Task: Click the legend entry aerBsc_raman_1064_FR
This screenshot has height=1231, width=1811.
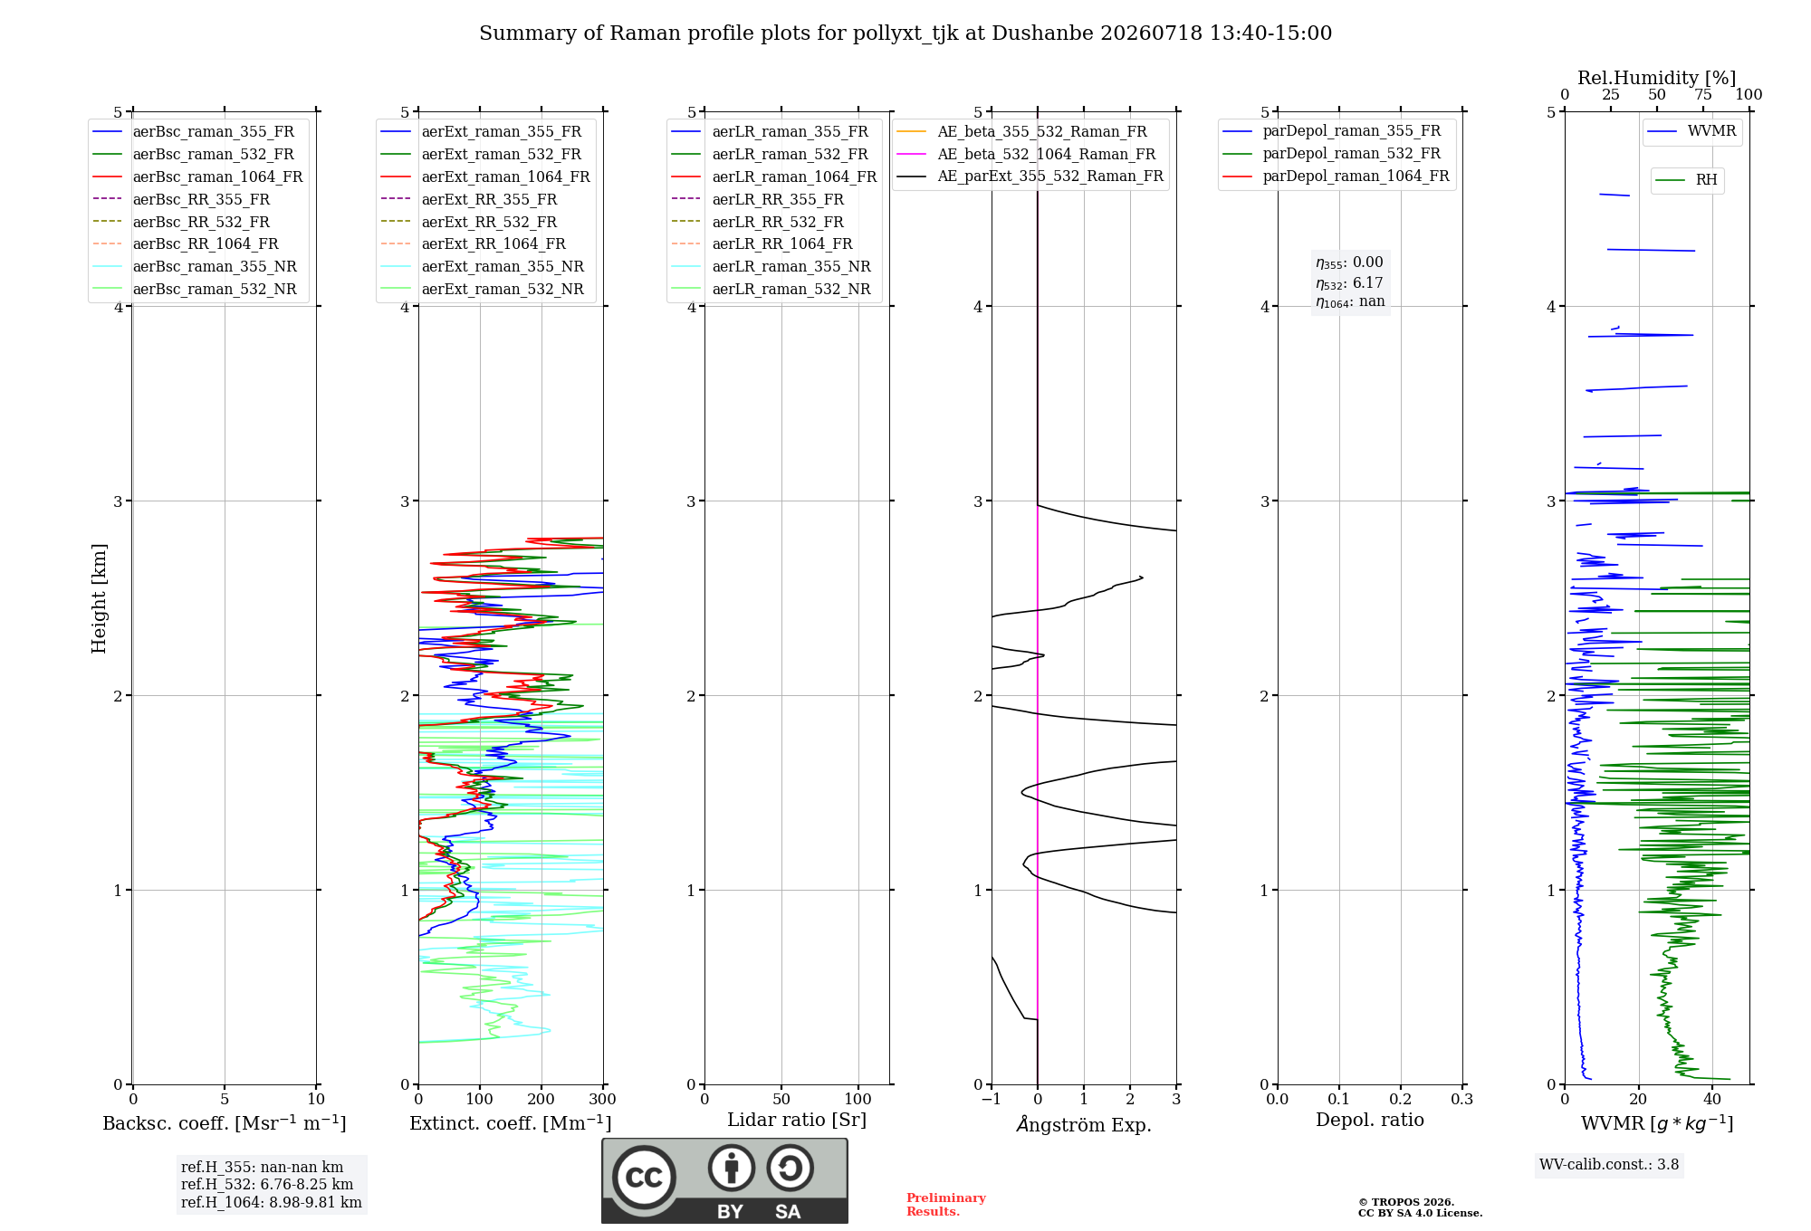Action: tap(197, 177)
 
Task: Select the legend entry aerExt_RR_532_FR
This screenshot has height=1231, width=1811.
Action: tap(468, 223)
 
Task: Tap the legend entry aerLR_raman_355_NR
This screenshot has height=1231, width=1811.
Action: tap(771, 267)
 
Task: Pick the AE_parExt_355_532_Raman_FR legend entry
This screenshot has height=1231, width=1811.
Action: tap(1030, 177)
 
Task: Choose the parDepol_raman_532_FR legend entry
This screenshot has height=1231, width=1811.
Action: tap(1331, 154)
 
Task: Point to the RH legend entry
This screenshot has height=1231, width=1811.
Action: tap(1686, 180)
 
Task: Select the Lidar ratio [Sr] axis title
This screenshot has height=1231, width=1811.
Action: tap(797, 1121)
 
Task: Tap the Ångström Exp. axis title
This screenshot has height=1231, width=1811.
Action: tap(1084, 1124)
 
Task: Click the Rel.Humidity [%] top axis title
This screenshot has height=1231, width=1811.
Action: tap(1657, 78)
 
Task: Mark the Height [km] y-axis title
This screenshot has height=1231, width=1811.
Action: tap(99, 598)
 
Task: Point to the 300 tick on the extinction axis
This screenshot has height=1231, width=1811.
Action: tap(602, 1100)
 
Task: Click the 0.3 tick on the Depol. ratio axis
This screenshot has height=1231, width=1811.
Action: tap(1461, 1100)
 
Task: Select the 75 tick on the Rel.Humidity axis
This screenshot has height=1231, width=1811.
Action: tap(1703, 95)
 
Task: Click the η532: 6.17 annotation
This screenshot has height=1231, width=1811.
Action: tap(1349, 283)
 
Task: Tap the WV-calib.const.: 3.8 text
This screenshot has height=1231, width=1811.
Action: tap(1609, 1165)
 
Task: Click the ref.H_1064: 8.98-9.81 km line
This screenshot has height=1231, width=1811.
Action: tap(272, 1203)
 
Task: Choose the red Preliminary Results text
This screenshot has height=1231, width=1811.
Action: tap(946, 1205)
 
